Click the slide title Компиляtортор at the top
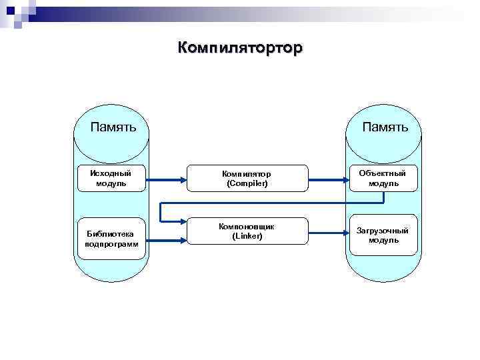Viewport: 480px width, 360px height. click(240, 48)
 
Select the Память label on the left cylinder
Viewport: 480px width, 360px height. click(114, 127)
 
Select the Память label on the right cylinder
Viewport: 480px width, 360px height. click(385, 127)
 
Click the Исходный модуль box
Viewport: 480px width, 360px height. click(111, 178)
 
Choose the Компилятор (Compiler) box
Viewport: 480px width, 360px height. click(247, 178)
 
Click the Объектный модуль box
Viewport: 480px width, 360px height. click(383, 178)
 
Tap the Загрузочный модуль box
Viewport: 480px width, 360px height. click(383, 235)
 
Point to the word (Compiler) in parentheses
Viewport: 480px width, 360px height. click(247, 183)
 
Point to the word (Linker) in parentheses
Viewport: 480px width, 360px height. click(247, 237)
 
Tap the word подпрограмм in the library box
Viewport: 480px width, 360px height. click(111, 244)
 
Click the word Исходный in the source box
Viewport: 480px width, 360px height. click(111, 173)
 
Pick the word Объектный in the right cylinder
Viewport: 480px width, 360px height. click(383, 173)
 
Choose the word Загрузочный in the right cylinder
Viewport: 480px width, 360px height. click(383, 230)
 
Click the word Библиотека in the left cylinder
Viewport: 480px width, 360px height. click(111, 234)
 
